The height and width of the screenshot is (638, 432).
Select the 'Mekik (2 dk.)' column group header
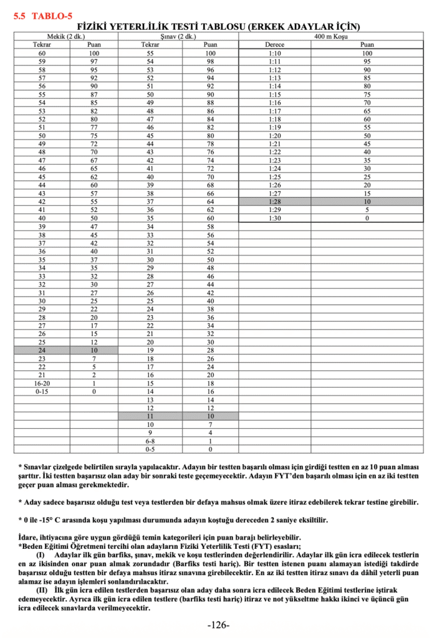click(66, 36)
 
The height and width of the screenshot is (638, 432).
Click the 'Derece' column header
click(274, 45)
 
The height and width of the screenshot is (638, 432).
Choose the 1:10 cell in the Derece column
click(274, 54)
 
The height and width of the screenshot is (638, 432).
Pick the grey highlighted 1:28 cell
click(274, 202)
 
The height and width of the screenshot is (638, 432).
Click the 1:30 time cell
click(274, 219)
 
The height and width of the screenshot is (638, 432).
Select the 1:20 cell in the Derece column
click(274, 136)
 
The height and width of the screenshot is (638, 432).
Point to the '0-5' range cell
click(150, 449)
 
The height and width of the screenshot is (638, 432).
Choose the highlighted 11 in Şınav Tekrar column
click(150, 416)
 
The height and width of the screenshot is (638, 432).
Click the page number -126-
click(218, 625)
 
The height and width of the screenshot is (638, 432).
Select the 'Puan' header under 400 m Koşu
click(367, 45)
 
